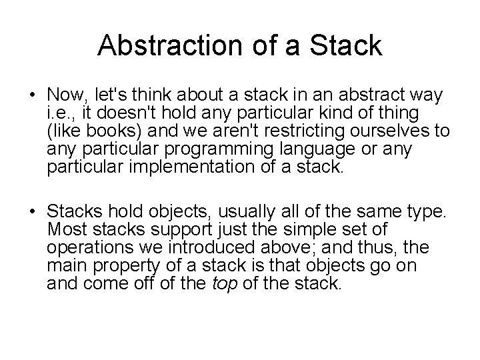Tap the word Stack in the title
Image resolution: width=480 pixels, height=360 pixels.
pos(348,46)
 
